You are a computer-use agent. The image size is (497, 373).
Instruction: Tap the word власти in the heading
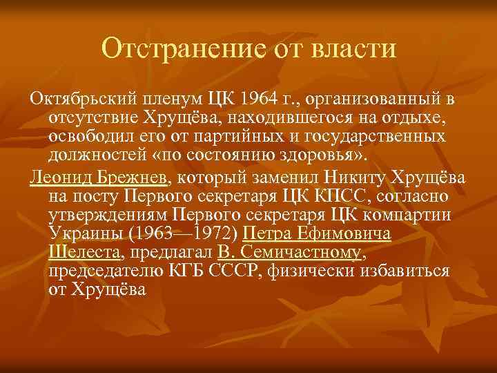point(354,48)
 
